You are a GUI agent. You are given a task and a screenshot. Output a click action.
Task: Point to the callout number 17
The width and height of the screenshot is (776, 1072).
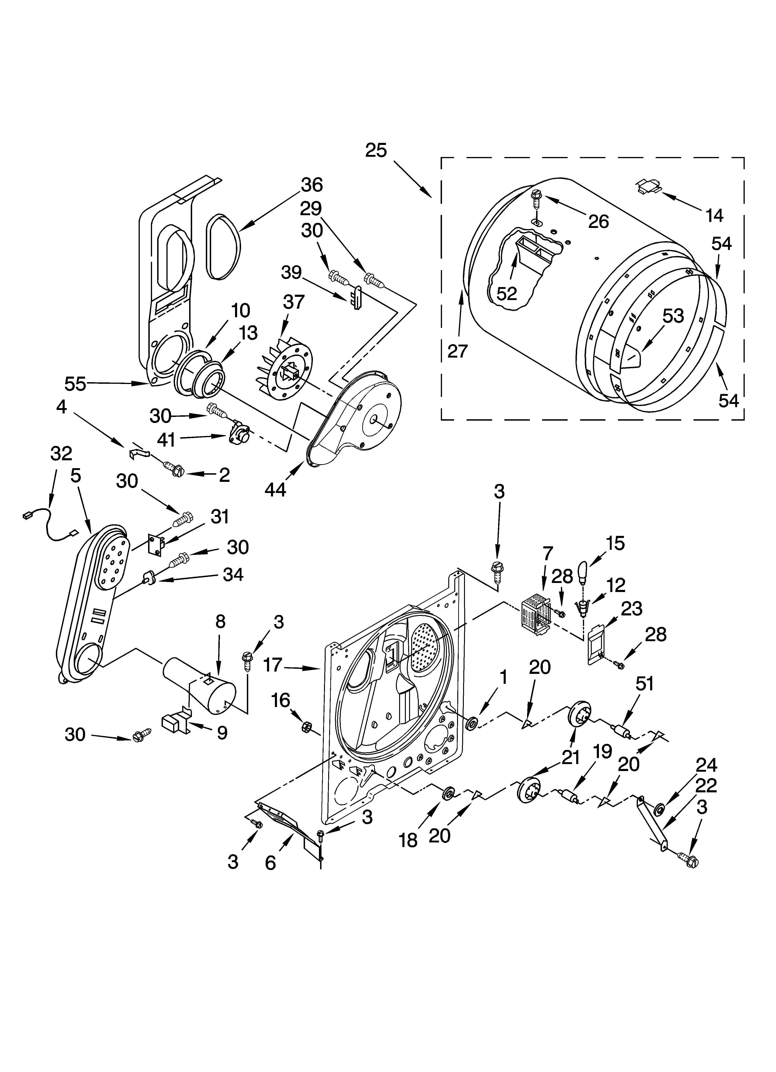point(273,666)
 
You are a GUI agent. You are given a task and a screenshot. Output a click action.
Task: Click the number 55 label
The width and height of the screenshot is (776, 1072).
point(75,384)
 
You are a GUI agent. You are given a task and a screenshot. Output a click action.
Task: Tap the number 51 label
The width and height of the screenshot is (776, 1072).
point(645,683)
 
